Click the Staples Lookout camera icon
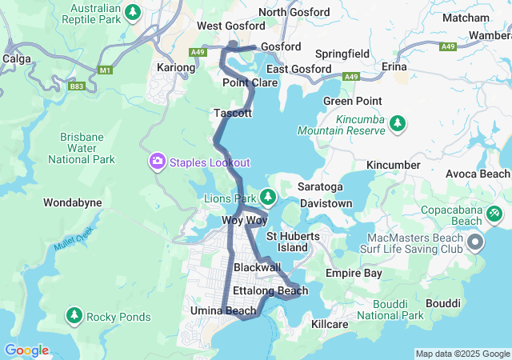[158, 162]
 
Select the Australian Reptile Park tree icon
[134, 12]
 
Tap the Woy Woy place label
[244, 220]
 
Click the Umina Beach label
[223, 310]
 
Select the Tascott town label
[233, 114]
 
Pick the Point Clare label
[250, 83]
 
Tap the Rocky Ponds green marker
[74, 317]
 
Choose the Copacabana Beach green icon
[495, 213]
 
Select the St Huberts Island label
[293, 242]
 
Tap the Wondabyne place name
[72, 202]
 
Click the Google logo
[26, 350]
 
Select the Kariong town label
[176, 68]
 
